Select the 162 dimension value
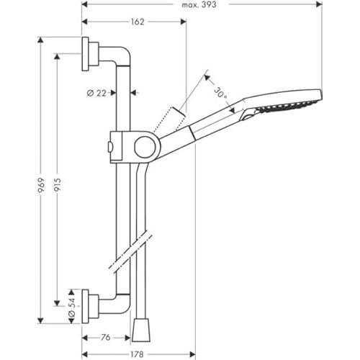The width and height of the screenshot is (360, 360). (x=137, y=22)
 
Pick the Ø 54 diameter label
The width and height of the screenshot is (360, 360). (x=71, y=306)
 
